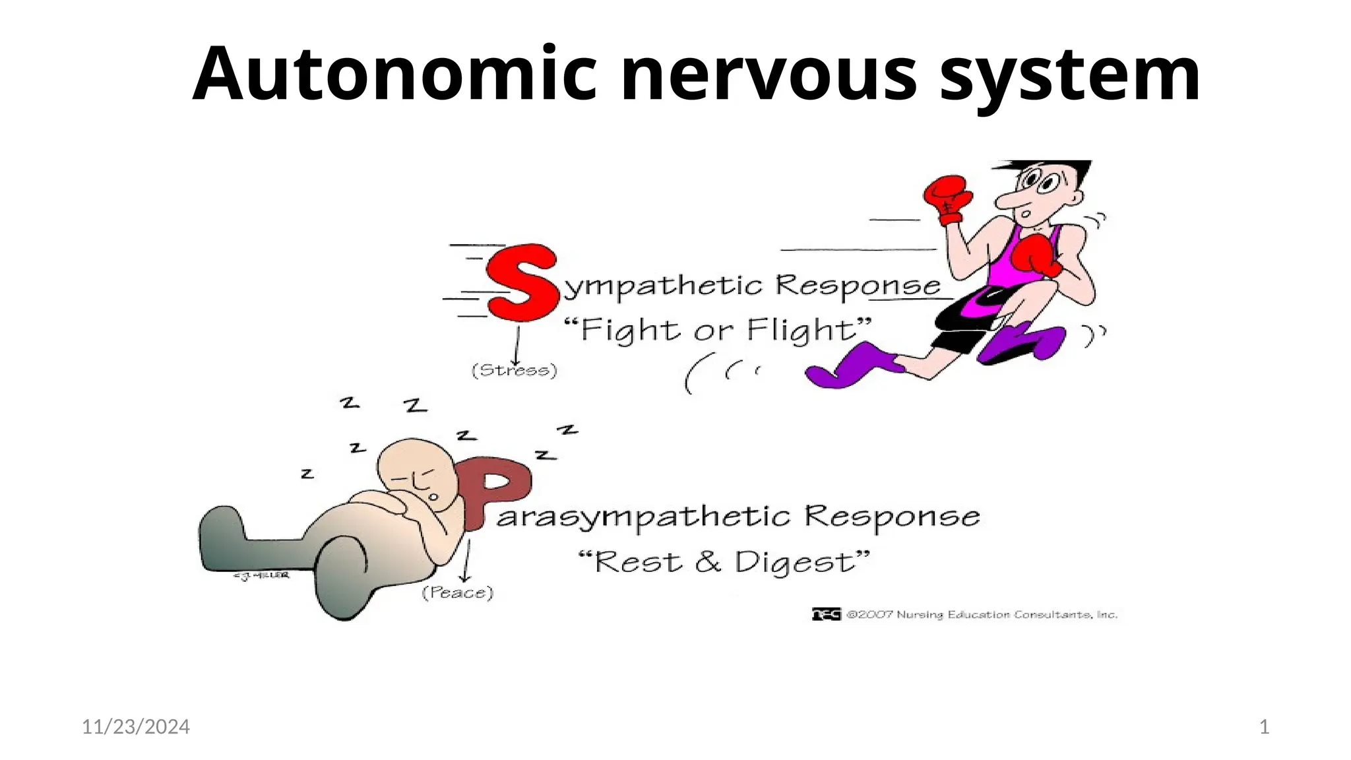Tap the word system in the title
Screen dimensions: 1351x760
tap(1069, 74)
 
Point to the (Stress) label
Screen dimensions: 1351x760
tap(515, 371)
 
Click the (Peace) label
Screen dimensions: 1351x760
tap(458, 592)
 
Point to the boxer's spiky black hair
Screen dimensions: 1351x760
tap(1049, 169)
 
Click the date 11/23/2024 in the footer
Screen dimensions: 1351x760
tap(136, 727)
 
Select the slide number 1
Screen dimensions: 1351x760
tap(1264, 727)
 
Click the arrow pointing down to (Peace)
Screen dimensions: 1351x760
tap(467, 561)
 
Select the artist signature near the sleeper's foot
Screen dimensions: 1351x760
tap(261, 575)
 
